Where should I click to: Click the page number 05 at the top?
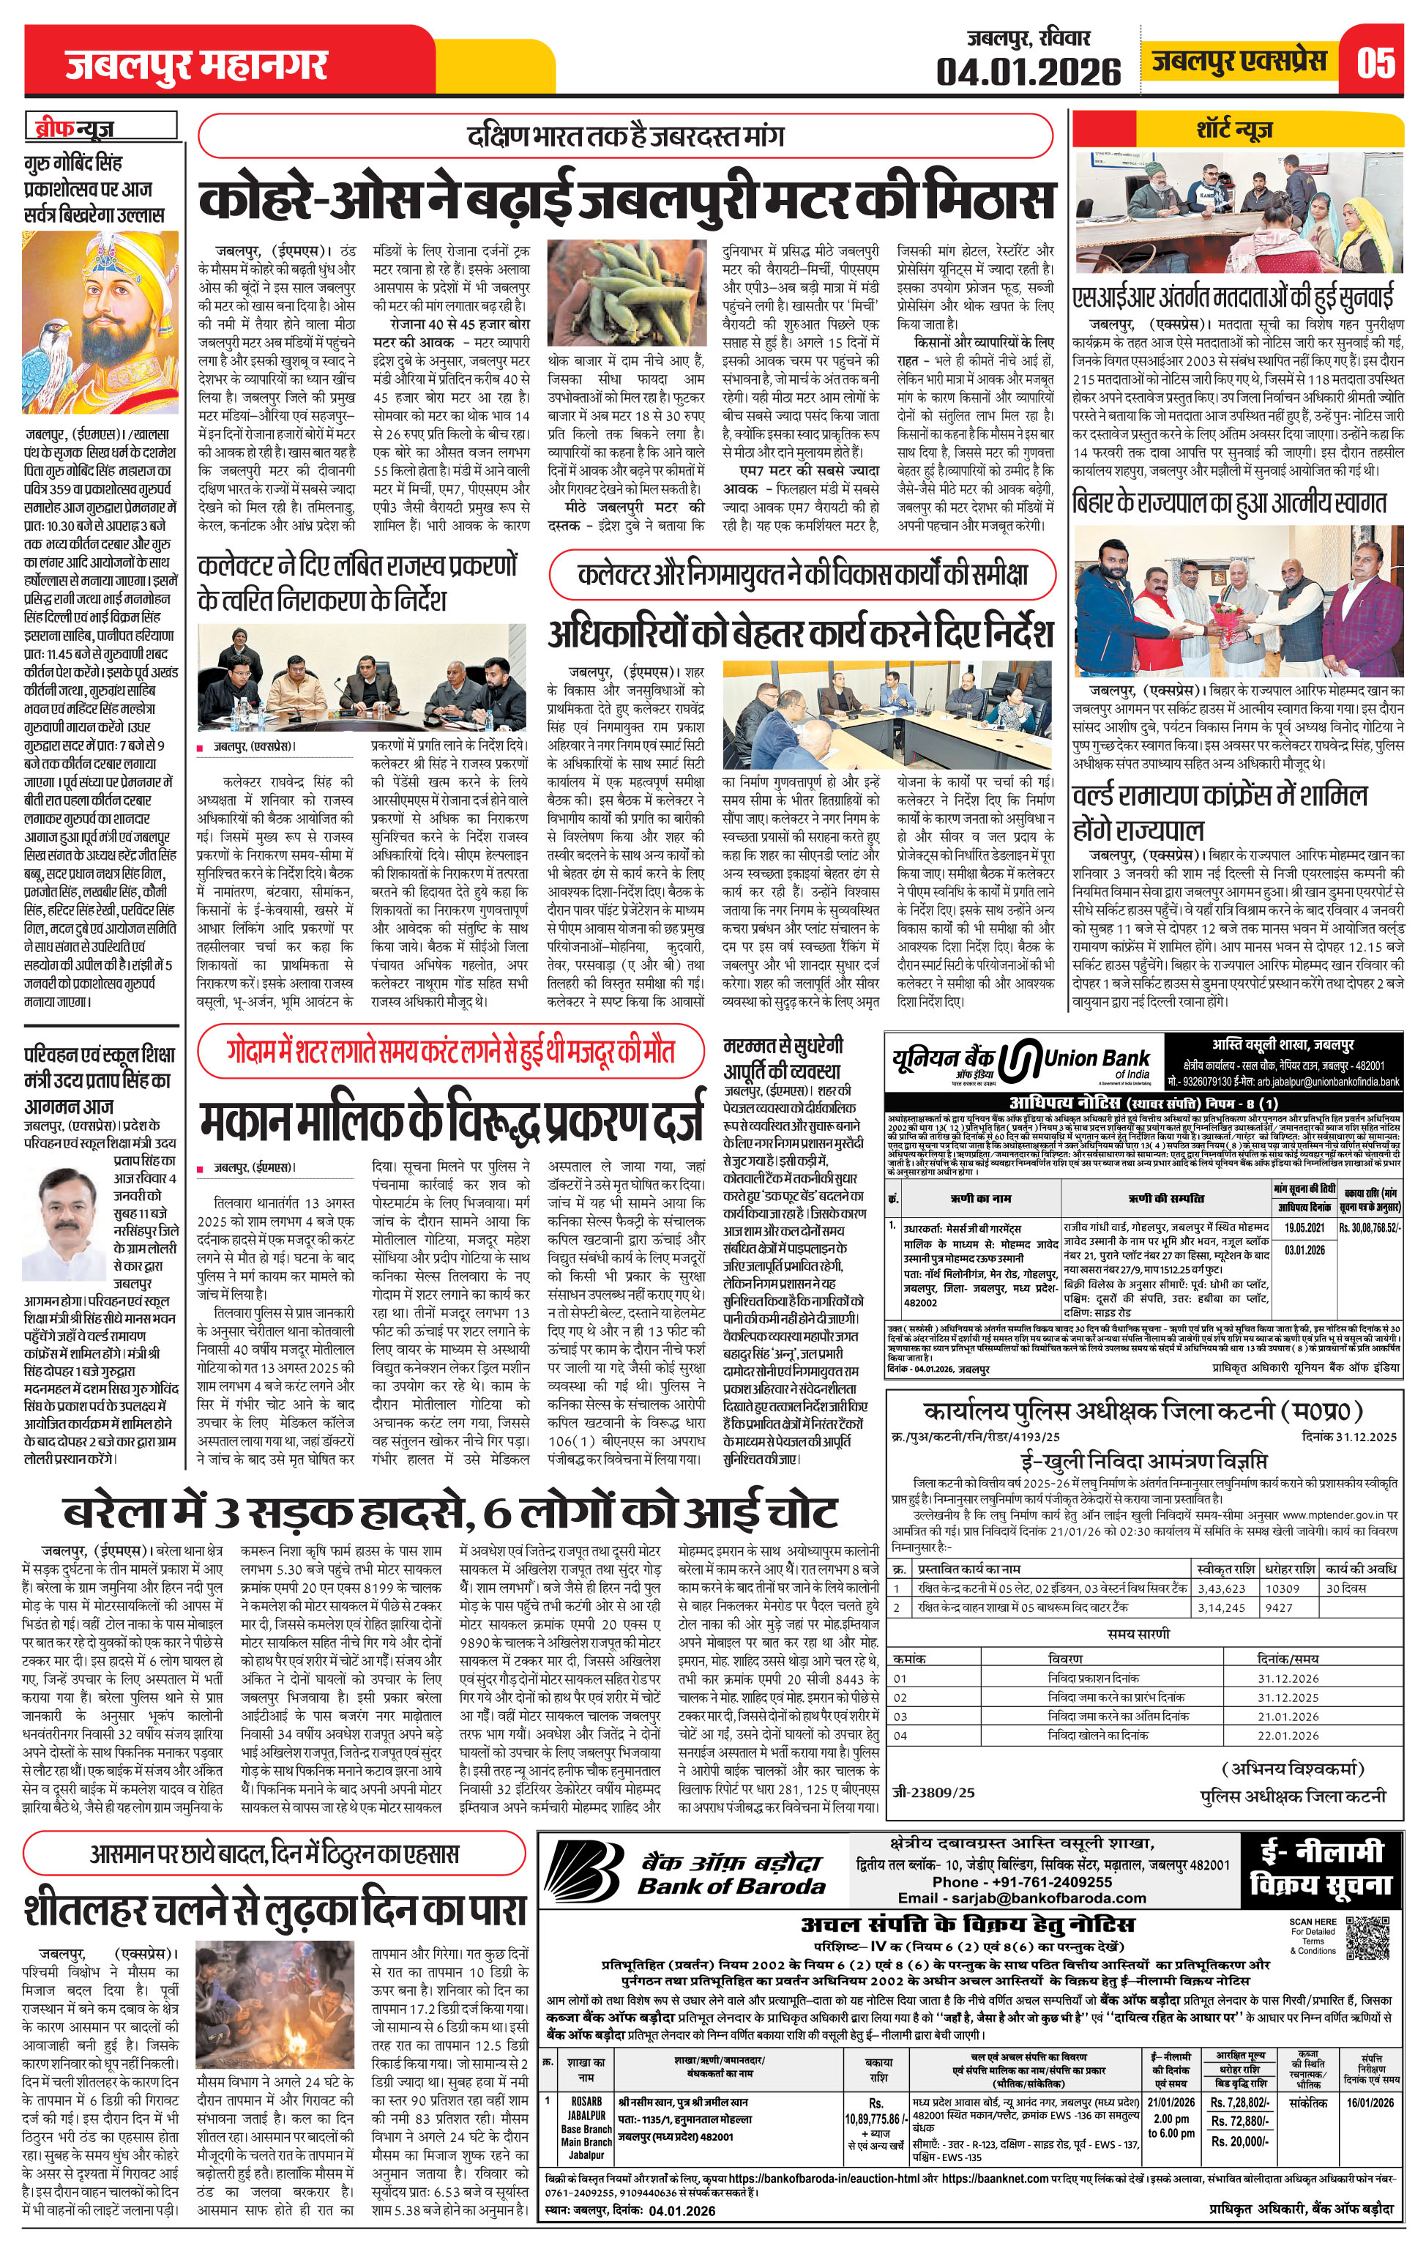pos(1376,64)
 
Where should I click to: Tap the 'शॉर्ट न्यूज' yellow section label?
pos(1233,128)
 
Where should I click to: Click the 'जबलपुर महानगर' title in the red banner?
pos(196,65)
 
